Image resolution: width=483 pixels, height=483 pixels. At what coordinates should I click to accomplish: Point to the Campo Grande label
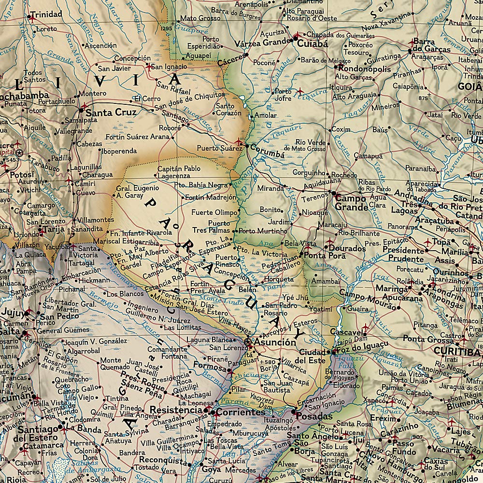pos(352,202)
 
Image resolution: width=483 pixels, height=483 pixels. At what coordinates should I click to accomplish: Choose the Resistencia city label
pos(176,410)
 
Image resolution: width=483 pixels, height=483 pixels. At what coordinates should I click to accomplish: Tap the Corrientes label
pos(240,413)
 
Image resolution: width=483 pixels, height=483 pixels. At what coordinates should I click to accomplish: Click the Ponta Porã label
pos(321,255)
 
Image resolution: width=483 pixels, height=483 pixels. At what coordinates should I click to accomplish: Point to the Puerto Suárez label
pos(219,149)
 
